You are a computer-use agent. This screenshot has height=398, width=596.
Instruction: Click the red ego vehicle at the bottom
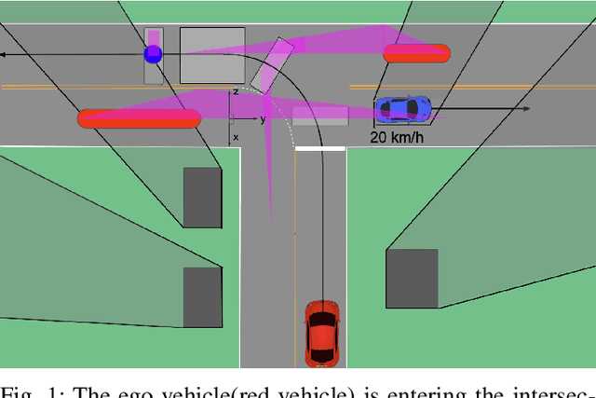321,334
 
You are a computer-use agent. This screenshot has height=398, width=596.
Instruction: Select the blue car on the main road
404,108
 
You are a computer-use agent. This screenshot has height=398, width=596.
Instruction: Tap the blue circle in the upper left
153,54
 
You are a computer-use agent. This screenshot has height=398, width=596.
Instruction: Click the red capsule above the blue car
415,53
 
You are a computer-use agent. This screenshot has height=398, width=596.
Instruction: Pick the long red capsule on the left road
139,118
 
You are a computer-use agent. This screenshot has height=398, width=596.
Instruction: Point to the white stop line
319,148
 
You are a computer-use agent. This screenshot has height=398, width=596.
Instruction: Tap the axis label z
236,91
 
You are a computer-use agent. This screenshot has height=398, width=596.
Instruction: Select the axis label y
263,119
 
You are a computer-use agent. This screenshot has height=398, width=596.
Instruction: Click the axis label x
236,137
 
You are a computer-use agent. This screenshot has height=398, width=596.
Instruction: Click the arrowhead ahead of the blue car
526,109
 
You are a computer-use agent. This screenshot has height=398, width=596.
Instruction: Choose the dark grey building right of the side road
412,277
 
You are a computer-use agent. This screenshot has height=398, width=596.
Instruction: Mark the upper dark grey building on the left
202,197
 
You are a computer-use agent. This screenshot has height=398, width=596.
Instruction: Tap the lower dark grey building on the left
202,296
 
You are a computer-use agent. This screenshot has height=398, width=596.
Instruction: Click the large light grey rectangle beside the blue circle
212,55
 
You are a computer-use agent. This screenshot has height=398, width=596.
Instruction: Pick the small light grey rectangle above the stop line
320,116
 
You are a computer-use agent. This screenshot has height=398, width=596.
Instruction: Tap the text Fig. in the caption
20,391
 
